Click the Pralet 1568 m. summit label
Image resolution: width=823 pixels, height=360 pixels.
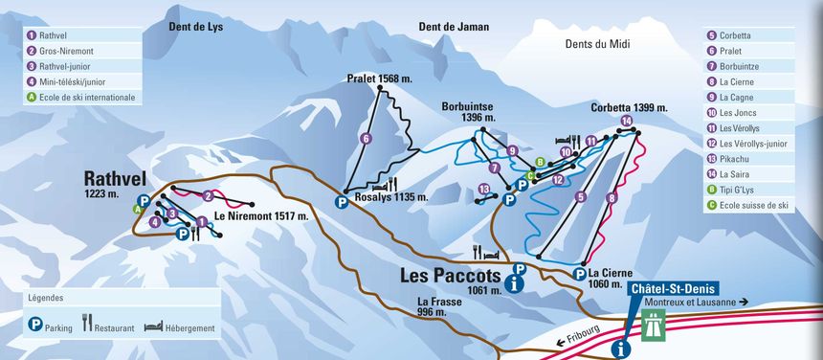(x=379, y=79)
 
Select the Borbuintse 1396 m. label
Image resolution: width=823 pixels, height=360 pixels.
(x=469, y=112)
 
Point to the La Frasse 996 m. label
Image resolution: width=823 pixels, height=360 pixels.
(x=439, y=307)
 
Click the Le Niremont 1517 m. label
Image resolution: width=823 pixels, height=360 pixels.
(x=261, y=216)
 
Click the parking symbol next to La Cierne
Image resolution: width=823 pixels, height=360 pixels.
(x=579, y=274)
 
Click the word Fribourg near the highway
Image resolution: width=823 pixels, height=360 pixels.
(x=582, y=338)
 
